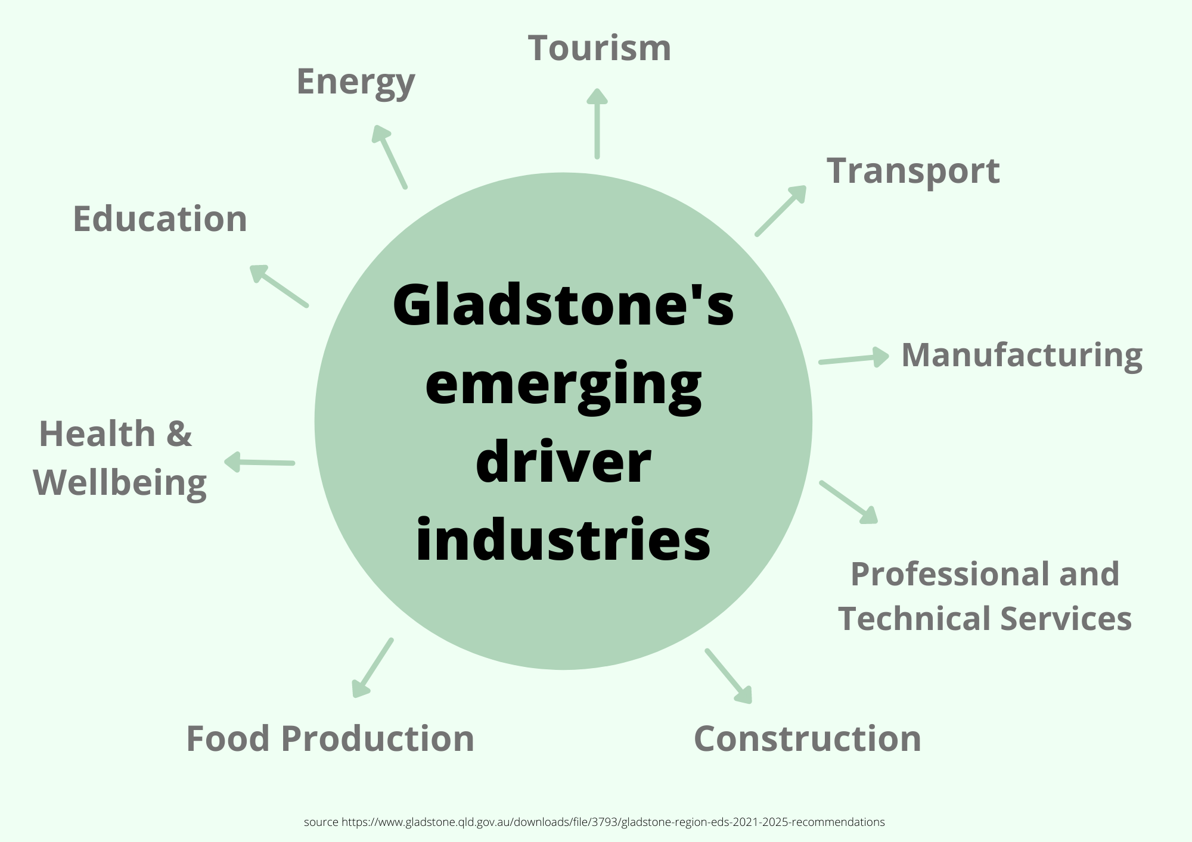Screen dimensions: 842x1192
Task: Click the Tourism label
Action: pyautogui.click(x=599, y=48)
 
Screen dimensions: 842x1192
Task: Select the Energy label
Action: pyautogui.click(x=355, y=82)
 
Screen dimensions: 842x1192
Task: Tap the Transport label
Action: pyautogui.click(x=912, y=171)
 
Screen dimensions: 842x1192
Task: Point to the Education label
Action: pyautogui.click(x=160, y=219)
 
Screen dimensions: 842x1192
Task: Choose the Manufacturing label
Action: pyautogui.click(x=1022, y=355)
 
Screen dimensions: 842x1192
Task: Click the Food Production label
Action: pyautogui.click(x=330, y=739)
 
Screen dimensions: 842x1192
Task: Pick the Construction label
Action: pyautogui.click(x=808, y=739)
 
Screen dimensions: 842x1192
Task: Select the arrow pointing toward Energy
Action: pyautogui.click(x=390, y=157)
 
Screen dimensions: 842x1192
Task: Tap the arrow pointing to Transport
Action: pyautogui.click(x=781, y=211)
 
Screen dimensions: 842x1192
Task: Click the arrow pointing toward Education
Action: pyautogui.click(x=278, y=286)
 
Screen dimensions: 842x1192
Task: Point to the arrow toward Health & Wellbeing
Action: pyautogui.click(x=259, y=462)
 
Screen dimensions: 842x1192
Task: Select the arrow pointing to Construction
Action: pyautogui.click(x=729, y=676)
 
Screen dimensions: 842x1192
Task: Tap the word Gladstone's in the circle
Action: pyautogui.click(x=563, y=305)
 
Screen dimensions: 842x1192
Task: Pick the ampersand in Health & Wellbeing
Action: pyautogui.click(x=179, y=434)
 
